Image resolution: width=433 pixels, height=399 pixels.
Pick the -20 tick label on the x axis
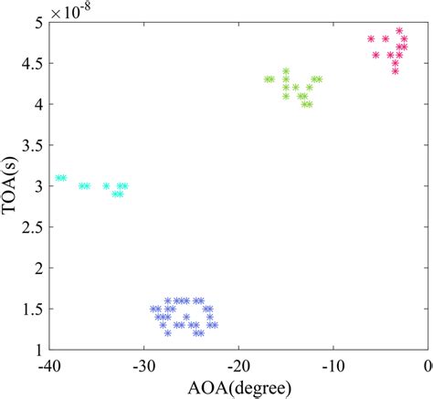pos(238,366)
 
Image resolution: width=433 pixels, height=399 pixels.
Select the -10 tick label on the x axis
pos(333,366)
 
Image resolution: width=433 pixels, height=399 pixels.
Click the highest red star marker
pos(399,30)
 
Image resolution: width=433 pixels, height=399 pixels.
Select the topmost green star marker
pos(286,71)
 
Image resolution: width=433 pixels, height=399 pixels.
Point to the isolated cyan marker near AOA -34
pos(106,185)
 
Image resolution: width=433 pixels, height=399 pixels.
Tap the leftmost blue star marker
pos(153,309)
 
